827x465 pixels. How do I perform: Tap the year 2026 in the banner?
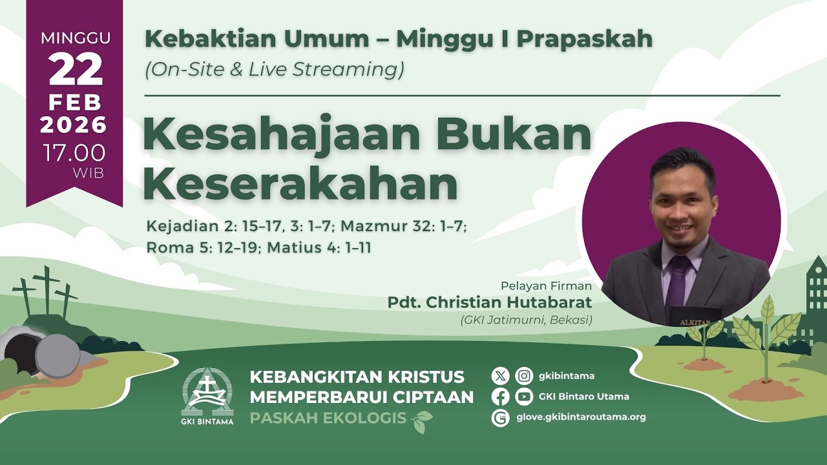74,124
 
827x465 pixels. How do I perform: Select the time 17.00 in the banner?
74,152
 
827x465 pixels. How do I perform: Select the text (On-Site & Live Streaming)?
275,69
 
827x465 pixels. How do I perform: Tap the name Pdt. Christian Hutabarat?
490,302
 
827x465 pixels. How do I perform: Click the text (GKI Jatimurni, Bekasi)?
526,320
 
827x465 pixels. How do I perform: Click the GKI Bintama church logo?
207,395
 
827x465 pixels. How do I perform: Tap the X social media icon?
501,376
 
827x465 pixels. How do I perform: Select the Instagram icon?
524,376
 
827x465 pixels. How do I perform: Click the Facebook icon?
501,397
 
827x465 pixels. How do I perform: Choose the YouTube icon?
524,397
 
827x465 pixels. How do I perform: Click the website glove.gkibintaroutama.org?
581,417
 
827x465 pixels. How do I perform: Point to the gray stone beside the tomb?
58,356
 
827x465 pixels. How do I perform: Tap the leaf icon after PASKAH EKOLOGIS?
422,420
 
